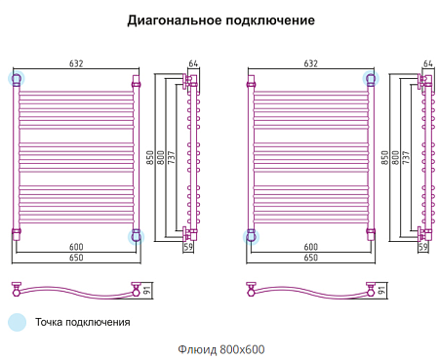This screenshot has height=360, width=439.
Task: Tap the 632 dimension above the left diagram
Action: coord(76,63)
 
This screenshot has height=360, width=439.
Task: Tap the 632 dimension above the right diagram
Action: coord(310,63)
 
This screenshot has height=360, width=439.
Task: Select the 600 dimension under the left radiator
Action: coord(76,246)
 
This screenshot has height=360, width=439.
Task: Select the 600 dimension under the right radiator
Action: coord(310,246)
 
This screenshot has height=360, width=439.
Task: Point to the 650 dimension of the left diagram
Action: coord(76,258)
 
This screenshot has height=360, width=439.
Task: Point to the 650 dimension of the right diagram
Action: coord(310,258)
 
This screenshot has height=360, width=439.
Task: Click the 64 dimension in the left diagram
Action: coord(192,63)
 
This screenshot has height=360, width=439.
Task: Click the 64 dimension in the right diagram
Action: coord(426,63)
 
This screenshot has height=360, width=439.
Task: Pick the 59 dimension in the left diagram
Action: coord(188,248)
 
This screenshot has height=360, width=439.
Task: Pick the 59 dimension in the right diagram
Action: coord(422,248)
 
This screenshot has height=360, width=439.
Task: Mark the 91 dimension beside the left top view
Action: coord(148,289)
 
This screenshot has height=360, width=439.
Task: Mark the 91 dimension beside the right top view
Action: coord(382,289)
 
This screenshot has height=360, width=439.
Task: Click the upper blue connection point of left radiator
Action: coord(16,77)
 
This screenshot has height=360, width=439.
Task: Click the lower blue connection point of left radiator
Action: coord(136,235)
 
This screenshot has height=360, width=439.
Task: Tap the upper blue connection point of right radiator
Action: coord(370,77)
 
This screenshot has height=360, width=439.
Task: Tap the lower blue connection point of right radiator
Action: coord(250,235)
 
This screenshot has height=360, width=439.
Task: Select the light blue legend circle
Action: coord(17,322)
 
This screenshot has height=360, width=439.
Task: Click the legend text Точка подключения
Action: coord(82,322)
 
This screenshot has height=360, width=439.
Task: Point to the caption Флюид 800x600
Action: coord(219,349)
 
